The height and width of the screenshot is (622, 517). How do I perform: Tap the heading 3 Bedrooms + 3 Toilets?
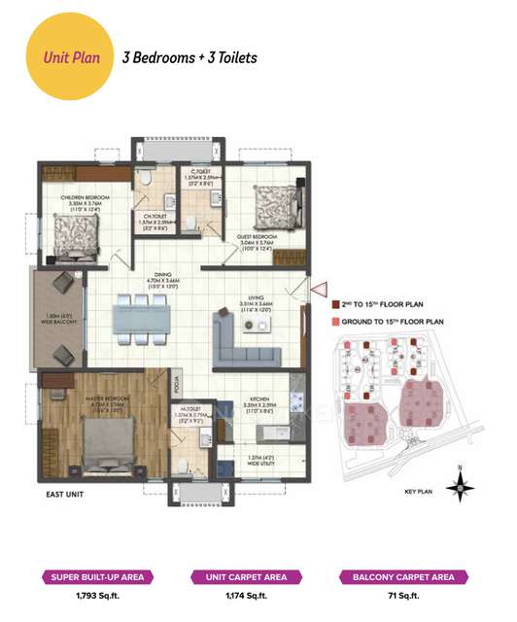pos(189,57)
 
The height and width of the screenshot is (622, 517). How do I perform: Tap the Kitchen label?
pos(258,400)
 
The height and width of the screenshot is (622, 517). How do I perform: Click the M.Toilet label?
pos(190,409)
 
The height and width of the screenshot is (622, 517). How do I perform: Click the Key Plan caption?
pos(416,493)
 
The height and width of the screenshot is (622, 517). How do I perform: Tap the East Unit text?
pos(66,495)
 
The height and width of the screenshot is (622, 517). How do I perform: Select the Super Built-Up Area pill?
pos(95,577)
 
